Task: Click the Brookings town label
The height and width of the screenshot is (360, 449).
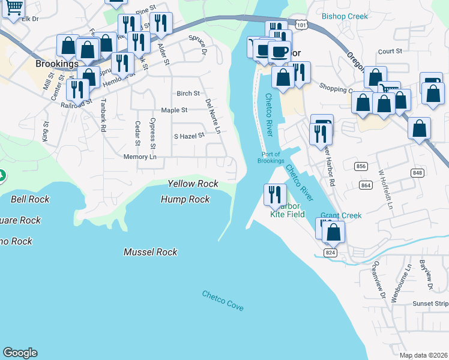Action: (57, 64)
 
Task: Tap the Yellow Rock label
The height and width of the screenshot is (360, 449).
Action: (193, 184)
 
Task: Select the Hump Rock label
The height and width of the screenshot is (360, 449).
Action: (185, 199)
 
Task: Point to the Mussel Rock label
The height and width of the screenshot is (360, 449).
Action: (151, 252)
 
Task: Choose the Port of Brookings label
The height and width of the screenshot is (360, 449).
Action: (271, 157)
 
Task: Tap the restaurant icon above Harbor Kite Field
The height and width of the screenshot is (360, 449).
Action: (275, 194)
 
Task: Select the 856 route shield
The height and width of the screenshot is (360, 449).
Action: (361, 166)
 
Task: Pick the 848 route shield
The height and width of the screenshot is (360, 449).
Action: (417, 173)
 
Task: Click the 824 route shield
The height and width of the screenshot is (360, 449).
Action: (331, 253)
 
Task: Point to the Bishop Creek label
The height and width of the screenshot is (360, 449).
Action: (345, 16)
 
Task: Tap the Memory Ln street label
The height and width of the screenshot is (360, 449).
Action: (139, 157)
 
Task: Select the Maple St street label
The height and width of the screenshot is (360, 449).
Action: (174, 110)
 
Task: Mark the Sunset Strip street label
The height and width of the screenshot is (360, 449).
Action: (429, 304)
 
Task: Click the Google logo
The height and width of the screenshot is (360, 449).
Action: (20, 353)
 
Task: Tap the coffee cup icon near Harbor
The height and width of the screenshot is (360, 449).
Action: (279, 51)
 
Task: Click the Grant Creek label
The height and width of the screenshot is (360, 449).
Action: (341, 215)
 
